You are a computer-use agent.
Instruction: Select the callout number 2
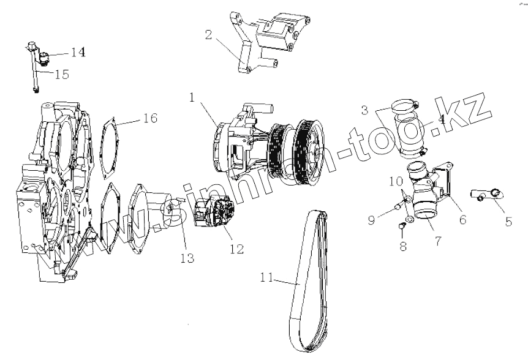pos(209,35)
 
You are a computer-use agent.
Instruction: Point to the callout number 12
pos(236,249)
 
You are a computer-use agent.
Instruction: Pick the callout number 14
pos(78,52)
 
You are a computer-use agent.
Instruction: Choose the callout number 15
pos(62,74)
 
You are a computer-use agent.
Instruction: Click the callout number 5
pos(508,222)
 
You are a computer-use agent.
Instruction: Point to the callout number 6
pos(464,218)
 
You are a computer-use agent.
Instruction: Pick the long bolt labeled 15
pos(35,77)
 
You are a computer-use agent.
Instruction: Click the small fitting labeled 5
pos(486,195)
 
